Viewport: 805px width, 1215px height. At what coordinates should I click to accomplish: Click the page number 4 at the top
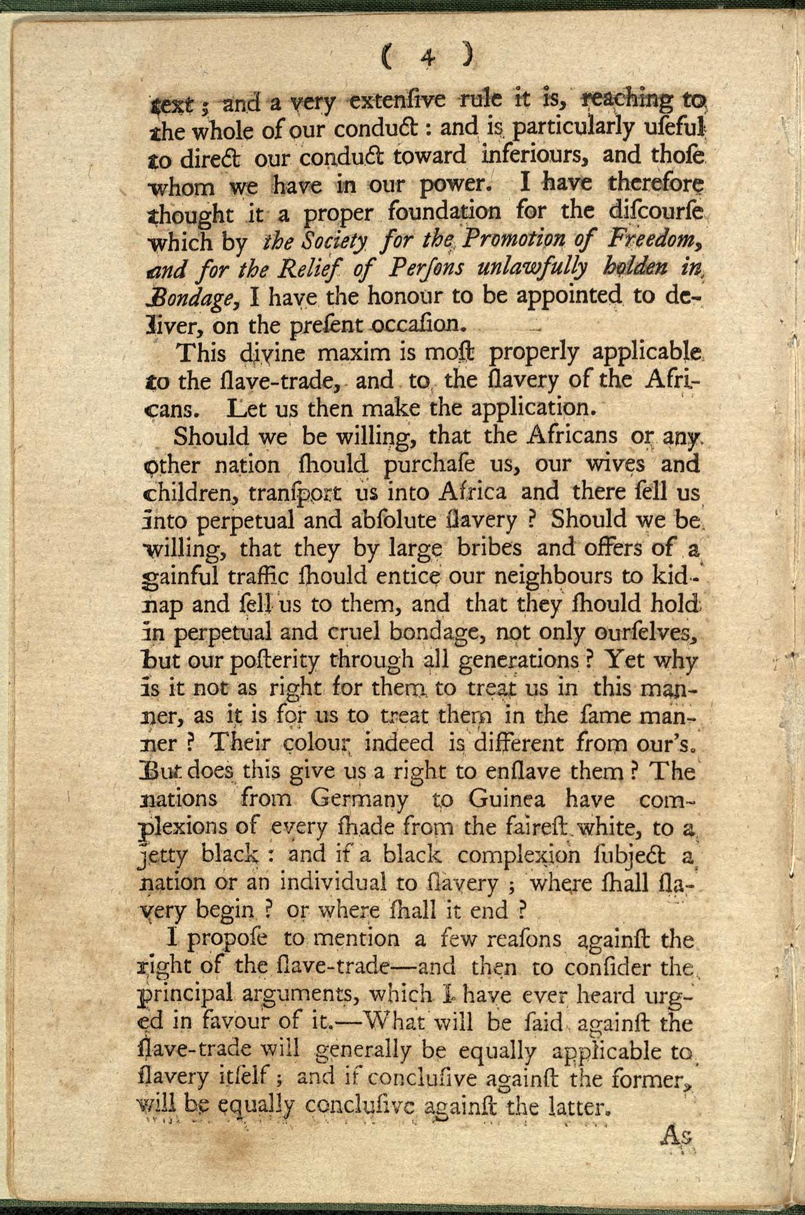pos(427,56)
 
